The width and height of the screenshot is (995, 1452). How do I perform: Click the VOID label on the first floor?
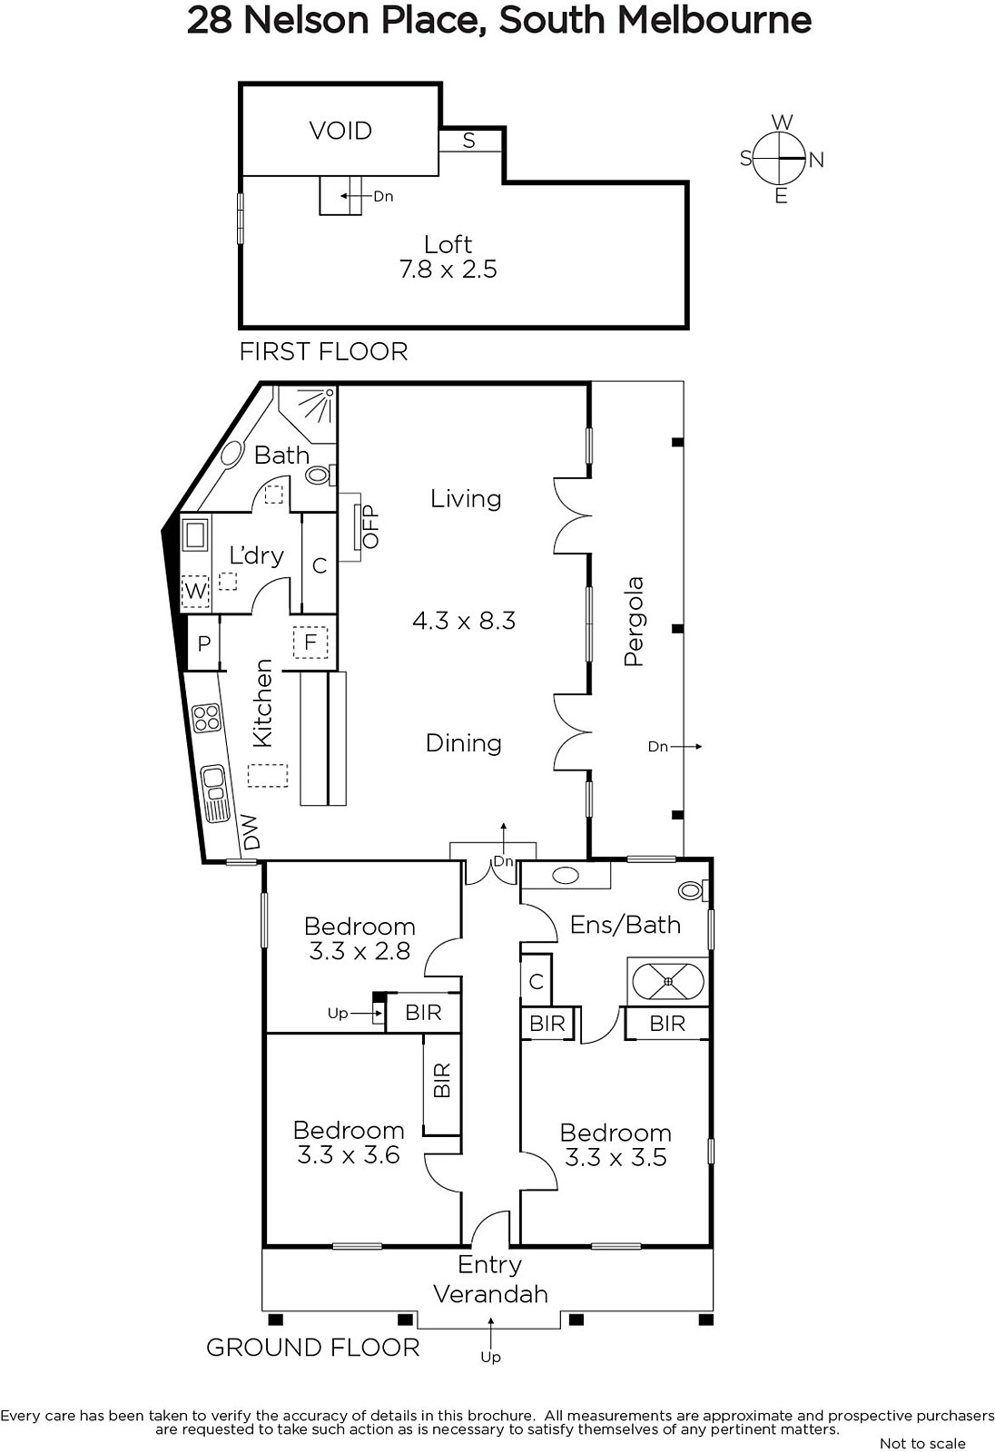point(340,131)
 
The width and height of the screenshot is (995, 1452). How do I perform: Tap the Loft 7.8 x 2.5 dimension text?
point(448,269)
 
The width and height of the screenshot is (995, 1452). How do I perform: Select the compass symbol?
point(782,159)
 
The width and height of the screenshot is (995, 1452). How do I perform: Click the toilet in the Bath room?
point(320,476)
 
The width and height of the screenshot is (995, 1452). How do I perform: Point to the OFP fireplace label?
point(370,527)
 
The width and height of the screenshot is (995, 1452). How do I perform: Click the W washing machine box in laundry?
point(195,591)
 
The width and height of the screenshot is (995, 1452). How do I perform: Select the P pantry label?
point(204,643)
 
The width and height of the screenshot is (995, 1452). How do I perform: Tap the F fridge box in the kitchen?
point(310,643)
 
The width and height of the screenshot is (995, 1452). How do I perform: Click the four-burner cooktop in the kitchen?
point(207,718)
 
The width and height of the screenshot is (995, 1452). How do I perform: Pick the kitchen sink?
point(215,793)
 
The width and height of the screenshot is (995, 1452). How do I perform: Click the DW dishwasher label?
point(251,832)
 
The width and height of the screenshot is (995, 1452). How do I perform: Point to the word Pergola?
point(634,621)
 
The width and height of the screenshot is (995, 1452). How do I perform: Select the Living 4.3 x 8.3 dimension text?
point(464,621)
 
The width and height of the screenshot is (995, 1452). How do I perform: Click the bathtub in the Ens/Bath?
point(668,981)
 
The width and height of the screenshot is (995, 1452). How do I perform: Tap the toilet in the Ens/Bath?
point(694,890)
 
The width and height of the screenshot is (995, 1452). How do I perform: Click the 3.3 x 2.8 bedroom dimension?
point(360,951)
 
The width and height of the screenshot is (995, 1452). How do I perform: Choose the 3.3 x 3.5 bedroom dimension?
point(616,1157)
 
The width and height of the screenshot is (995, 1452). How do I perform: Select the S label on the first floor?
point(469,140)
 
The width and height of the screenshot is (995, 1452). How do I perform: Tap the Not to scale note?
point(922,1444)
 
